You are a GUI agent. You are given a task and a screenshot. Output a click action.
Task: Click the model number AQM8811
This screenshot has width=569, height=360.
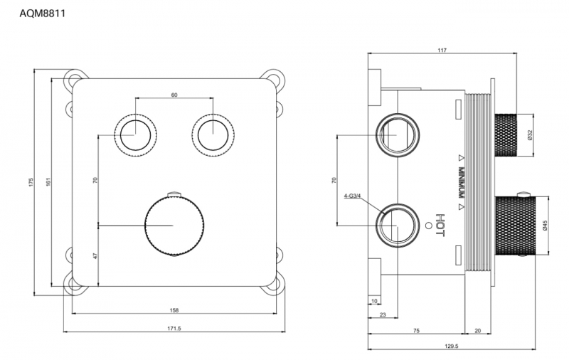(x=42, y=14)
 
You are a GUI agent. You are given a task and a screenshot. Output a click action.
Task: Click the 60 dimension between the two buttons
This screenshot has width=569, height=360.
(x=174, y=95)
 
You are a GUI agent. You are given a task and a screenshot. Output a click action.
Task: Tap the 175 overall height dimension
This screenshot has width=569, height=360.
(x=31, y=182)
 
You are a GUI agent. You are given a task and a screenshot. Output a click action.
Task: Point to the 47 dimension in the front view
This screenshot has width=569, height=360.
(x=95, y=256)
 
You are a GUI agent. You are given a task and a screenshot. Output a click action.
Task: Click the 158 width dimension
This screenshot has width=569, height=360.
(x=174, y=310)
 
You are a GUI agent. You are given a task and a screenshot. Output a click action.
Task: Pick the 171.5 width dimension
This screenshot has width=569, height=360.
(x=174, y=329)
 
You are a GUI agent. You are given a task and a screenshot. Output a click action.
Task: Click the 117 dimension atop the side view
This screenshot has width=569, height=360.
(x=442, y=50)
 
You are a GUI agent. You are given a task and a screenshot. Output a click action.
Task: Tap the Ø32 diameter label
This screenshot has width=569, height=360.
(x=529, y=135)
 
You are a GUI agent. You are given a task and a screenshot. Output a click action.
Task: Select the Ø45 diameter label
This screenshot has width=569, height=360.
(x=545, y=225)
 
